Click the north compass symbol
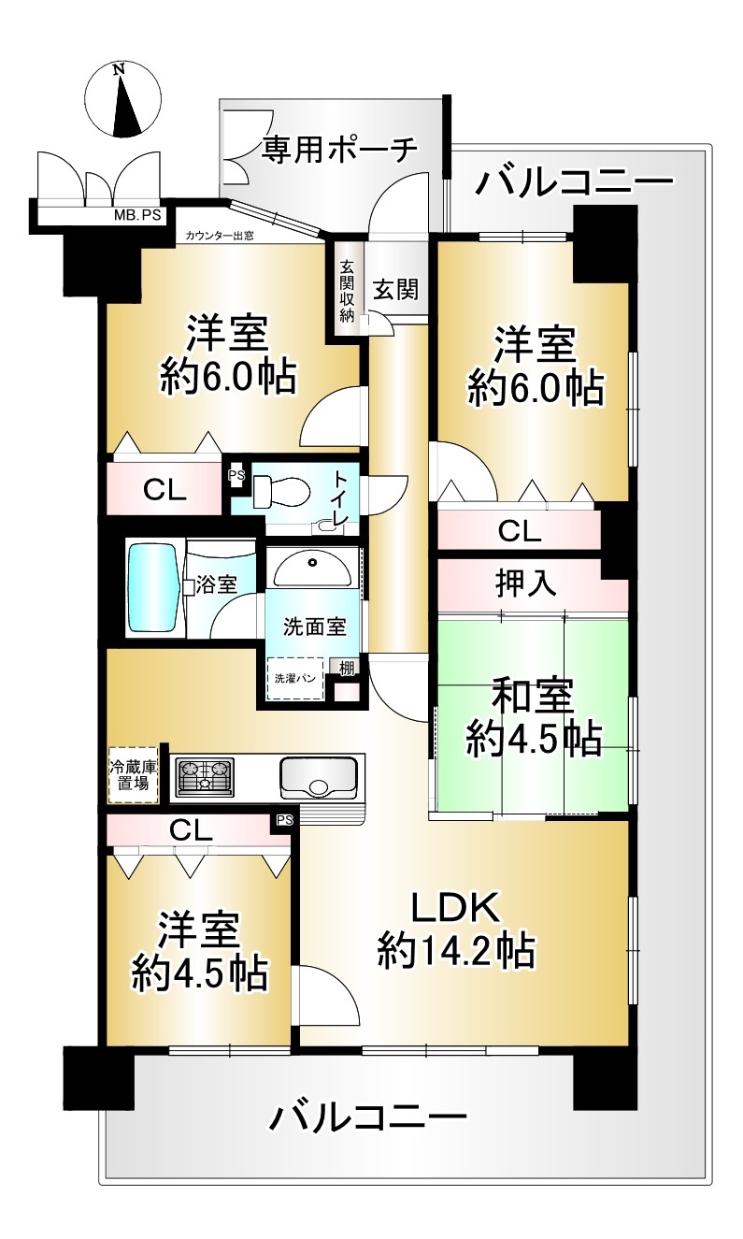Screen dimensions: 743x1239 click(x=122, y=101)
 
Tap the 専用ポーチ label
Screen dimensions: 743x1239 click(x=338, y=149)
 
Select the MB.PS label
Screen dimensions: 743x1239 click(x=137, y=215)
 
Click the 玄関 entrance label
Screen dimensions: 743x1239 click(x=396, y=290)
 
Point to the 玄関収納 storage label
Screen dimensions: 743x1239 click(x=347, y=291)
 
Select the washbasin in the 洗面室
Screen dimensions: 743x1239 click(x=313, y=568)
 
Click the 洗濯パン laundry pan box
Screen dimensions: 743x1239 click(x=295, y=679)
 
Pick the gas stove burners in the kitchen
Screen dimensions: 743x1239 click(x=204, y=775)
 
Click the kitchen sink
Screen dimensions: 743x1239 click(x=318, y=777)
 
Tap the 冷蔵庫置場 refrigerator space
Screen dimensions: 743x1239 click(x=134, y=775)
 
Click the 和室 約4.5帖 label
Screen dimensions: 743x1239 click(x=533, y=717)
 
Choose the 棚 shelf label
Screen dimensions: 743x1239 click(x=347, y=669)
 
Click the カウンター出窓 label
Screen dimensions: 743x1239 click(x=220, y=236)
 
